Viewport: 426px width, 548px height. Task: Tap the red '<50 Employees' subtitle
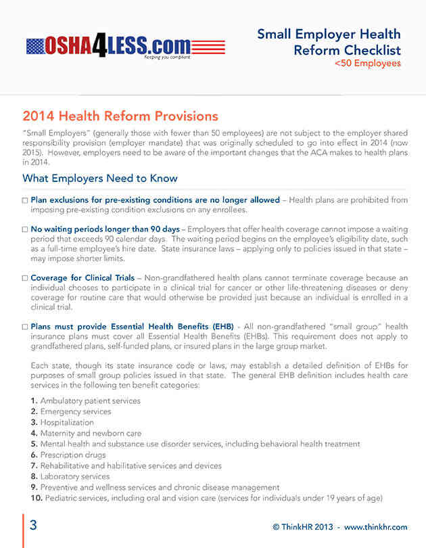click(x=367, y=64)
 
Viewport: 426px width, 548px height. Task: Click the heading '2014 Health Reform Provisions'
click(x=120, y=116)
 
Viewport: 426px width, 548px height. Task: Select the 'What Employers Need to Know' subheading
click(x=100, y=179)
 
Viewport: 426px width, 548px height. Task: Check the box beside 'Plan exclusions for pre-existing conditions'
click(x=25, y=201)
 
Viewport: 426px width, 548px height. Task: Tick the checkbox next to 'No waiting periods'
click(x=25, y=229)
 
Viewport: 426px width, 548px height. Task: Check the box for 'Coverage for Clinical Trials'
click(x=25, y=278)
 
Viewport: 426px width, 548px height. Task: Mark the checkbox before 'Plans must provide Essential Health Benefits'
click(x=25, y=327)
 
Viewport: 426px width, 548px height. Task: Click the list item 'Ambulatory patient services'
click(x=90, y=401)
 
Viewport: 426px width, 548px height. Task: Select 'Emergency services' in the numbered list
click(x=75, y=411)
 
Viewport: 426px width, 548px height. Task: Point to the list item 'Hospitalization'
click(x=68, y=422)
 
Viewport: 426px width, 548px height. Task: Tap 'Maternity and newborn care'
click(x=91, y=433)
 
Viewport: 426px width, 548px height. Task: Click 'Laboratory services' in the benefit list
click(x=75, y=476)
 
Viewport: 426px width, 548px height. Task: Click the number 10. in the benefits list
click(x=37, y=498)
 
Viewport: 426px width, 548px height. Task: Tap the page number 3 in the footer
click(x=33, y=526)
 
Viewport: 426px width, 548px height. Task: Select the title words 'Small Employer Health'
click(x=329, y=35)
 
